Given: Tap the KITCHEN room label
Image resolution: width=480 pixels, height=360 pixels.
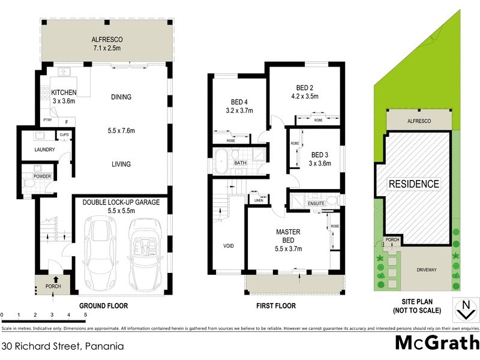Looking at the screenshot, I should [x=64, y=92].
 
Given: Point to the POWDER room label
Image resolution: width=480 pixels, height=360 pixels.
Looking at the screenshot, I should [x=42, y=176].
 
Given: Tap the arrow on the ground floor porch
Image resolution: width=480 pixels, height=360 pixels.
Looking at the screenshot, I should [x=56, y=278].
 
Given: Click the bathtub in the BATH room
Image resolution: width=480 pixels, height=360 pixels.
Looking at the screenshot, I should [x=221, y=163].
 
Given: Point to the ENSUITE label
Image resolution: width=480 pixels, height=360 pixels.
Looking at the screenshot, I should [x=316, y=204].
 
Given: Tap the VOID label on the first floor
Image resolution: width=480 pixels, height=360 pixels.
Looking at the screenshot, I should [x=229, y=245].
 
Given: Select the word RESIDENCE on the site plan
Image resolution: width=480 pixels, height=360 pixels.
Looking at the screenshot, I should [x=413, y=184].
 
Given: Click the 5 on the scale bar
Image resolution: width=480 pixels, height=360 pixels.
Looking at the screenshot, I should [x=86, y=314].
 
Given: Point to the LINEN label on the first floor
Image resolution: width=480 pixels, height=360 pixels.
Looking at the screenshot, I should [x=258, y=200].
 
